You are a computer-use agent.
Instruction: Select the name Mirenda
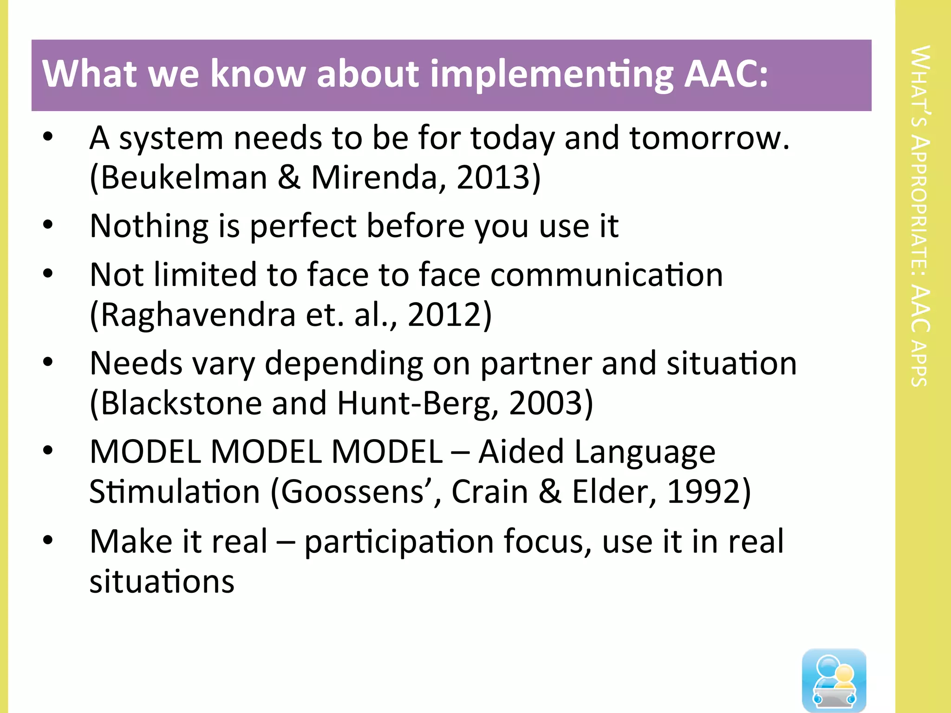click(x=374, y=178)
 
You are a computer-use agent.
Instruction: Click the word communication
click(x=606, y=275)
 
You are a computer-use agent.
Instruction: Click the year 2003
click(x=546, y=403)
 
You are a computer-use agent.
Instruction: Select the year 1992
click(x=703, y=492)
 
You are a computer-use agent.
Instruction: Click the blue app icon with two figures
click(x=834, y=680)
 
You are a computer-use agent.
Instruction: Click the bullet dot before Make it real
click(x=48, y=540)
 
